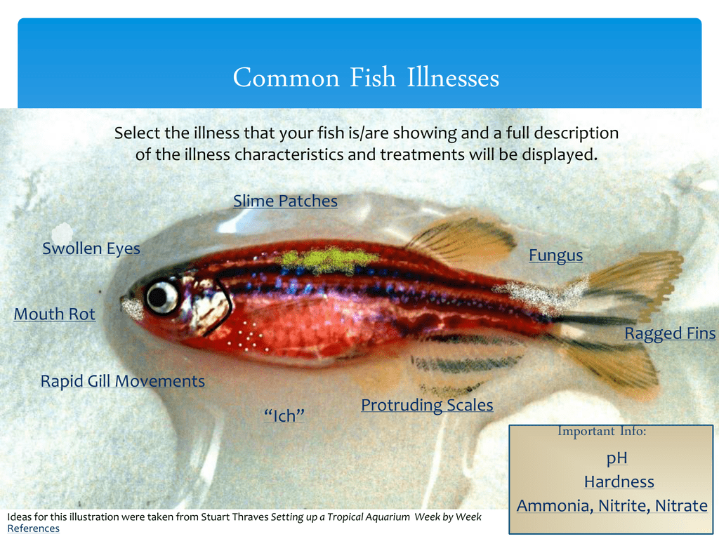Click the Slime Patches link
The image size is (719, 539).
pos(285,201)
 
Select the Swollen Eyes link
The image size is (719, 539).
pos(91,248)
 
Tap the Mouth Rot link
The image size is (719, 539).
pos(55,314)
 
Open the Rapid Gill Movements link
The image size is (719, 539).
pos(122,381)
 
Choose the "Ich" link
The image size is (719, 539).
pos(284,415)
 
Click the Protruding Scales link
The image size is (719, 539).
pos(427,405)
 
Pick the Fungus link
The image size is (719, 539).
pos(556,255)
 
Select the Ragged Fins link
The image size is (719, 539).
pos(670,333)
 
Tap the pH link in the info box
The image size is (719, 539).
pos(616,458)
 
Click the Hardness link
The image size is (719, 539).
pos(619,481)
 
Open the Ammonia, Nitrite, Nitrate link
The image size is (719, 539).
pos(612,505)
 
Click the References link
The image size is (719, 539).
pos(34,528)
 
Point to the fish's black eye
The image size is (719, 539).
pos(161,297)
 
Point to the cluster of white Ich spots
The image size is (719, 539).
pos(246,336)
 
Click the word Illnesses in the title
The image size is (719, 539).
pos(453,77)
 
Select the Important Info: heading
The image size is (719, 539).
pos(602,432)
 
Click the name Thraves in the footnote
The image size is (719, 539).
pos(251,517)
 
